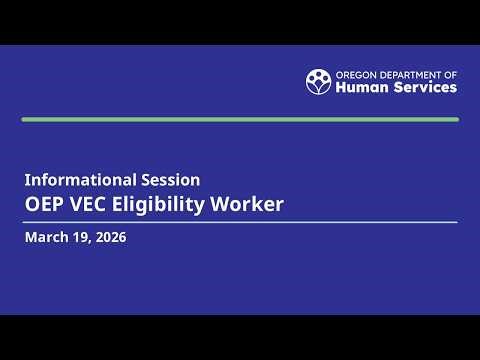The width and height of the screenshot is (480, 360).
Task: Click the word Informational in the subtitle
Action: (79, 180)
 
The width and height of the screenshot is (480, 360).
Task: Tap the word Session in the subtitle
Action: (169, 180)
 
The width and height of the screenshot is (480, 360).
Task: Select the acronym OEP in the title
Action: (47, 205)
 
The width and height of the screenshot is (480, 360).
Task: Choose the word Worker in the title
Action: (255, 205)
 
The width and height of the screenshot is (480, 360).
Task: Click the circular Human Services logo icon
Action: (318, 81)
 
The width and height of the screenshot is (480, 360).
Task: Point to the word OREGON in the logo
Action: (354, 74)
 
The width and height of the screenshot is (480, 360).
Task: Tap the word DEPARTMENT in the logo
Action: (410, 74)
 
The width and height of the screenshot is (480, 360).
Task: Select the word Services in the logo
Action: (424, 87)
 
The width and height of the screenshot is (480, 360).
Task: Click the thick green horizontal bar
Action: (240, 119)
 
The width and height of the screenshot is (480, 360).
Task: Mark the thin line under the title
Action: (240, 222)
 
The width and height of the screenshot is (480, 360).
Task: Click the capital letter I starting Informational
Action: (28, 180)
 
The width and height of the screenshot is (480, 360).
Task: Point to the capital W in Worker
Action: (235, 205)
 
